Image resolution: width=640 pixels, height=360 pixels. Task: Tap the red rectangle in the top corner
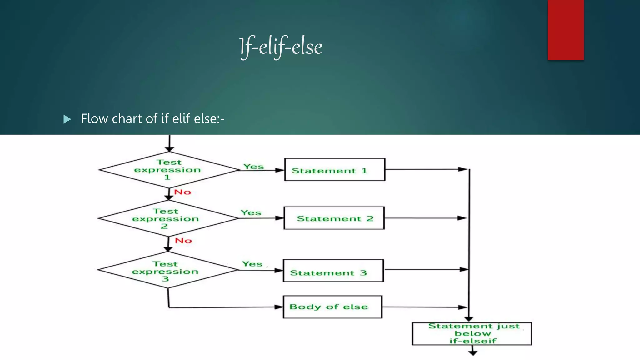pyautogui.click(x=566, y=30)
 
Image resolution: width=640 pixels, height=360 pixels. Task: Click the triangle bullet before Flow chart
pyautogui.click(x=67, y=119)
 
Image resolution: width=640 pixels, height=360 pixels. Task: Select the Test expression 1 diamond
pyautogui.click(x=169, y=170)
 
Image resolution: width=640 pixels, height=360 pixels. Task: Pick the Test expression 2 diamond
pyautogui.click(x=168, y=218)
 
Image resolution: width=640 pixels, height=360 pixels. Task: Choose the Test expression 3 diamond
pyautogui.click(x=167, y=270)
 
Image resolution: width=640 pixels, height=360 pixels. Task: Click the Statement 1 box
pyautogui.click(x=335, y=170)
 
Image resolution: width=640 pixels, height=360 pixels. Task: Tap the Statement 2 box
pyautogui.click(x=334, y=218)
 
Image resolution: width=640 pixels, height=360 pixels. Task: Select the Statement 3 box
pyautogui.click(x=333, y=271)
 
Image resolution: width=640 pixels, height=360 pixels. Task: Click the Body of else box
pyautogui.click(x=332, y=307)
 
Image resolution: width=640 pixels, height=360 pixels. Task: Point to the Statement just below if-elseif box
pyautogui.click(x=472, y=334)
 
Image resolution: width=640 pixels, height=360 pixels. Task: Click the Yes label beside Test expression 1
pyautogui.click(x=254, y=167)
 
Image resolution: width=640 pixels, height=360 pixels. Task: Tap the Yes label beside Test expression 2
pyautogui.click(x=251, y=212)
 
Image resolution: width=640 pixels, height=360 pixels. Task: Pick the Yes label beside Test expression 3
pyautogui.click(x=252, y=264)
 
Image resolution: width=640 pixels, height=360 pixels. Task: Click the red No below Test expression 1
pyautogui.click(x=182, y=192)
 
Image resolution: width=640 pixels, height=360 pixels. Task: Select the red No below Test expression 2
pyautogui.click(x=183, y=241)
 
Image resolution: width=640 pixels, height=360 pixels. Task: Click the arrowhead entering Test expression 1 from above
pyautogui.click(x=169, y=149)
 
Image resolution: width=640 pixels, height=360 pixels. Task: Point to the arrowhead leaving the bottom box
pyautogui.click(x=473, y=353)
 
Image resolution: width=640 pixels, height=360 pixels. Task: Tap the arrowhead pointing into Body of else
pyautogui.click(x=279, y=307)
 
